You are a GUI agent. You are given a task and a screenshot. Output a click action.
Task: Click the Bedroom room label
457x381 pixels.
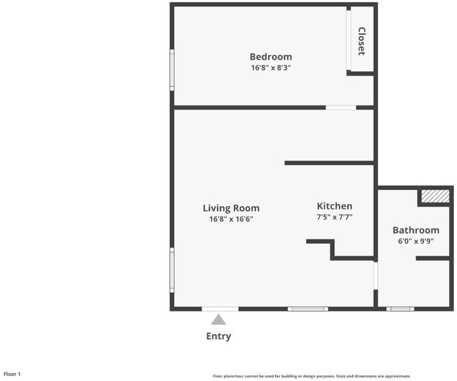pos(271,57)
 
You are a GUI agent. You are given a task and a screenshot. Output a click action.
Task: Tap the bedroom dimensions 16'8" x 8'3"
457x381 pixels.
pos(271,67)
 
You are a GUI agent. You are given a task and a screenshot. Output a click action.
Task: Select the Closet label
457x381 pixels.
pos(362,41)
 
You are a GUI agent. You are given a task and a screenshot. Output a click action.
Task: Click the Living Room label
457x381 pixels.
pos(231,208)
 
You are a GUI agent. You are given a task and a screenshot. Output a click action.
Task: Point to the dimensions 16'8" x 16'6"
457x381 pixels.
pos(231,219)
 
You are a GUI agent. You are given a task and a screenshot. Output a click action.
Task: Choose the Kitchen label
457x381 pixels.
pos(334,206)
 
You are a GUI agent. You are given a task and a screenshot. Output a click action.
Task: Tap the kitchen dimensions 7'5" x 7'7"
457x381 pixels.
pos(334,217)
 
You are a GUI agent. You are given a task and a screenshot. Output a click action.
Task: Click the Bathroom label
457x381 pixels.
pos(416,230)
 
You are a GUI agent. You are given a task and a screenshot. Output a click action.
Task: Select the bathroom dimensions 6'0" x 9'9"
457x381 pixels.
pos(416,241)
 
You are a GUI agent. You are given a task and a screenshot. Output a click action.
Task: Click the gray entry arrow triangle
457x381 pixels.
pos(219,319)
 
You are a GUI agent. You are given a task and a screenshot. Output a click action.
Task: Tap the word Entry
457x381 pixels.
pos(219,336)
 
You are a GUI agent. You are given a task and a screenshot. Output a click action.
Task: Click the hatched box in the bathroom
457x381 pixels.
pos(435,196)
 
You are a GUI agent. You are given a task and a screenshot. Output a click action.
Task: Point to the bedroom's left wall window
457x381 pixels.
pos(172,70)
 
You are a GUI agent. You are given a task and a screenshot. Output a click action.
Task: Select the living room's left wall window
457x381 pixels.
pos(172,270)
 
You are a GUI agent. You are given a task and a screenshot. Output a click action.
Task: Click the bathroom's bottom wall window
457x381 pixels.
pos(400,309)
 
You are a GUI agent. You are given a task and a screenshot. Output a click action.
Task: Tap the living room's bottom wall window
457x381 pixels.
pos(308,309)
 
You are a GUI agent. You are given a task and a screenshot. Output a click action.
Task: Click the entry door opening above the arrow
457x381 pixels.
pos(220,309)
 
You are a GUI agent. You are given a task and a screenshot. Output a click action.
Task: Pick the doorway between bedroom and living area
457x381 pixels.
pos(341,108)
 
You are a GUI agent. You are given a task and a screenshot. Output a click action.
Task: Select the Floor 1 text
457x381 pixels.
pos(12,374)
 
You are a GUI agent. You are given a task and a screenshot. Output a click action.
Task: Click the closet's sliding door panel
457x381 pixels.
pos(348,40)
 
